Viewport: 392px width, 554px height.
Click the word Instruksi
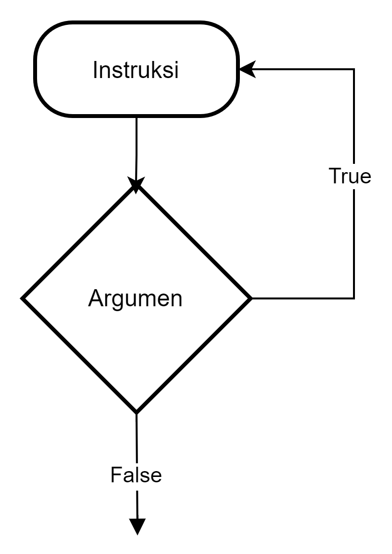136,70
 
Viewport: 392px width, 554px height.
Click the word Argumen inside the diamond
135,298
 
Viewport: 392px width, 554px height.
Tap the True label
350,176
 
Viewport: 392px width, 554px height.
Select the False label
136,475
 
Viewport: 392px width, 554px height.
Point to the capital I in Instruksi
95,70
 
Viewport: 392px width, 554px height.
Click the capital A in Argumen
95,298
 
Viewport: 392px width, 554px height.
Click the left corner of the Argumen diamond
26,298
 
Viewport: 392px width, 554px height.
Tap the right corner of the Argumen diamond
247,298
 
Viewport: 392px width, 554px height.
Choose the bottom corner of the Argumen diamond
137,408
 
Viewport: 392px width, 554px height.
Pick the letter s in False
144,476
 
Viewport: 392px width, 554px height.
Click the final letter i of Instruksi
176,70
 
